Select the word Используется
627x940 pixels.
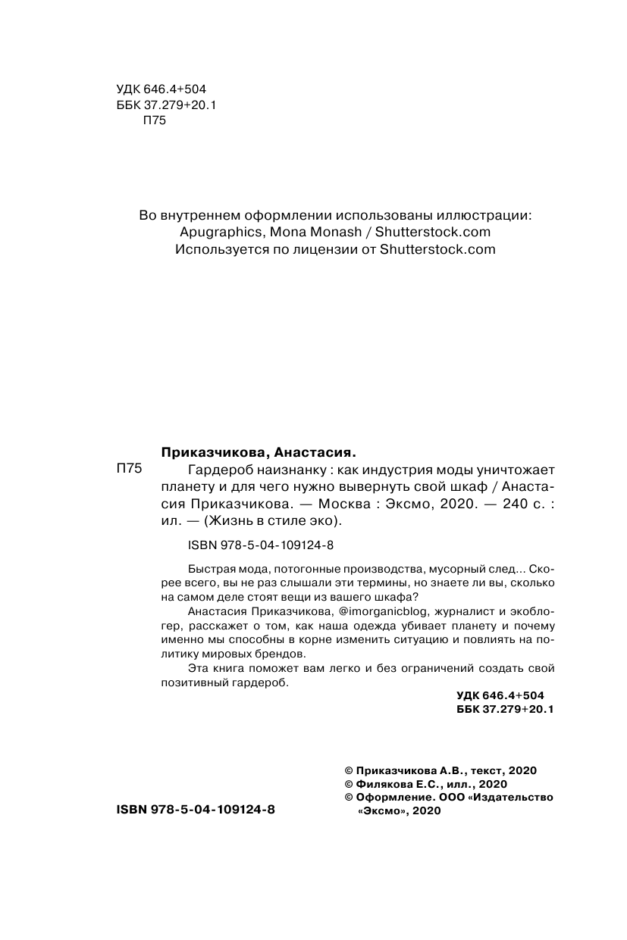coord(221,248)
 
